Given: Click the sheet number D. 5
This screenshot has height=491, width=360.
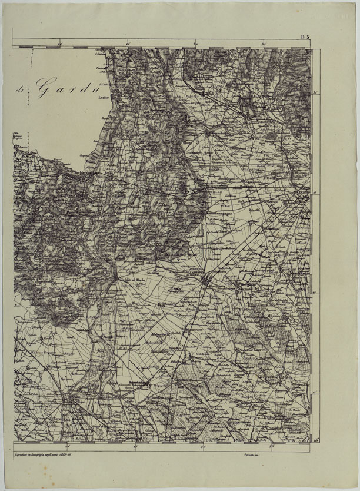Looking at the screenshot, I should (x=305, y=38).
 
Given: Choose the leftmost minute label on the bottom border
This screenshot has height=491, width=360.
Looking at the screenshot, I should (x=68, y=444).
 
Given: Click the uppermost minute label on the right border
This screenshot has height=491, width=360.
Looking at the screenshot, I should (x=316, y=93).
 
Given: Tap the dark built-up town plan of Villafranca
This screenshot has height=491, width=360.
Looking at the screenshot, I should (x=206, y=284).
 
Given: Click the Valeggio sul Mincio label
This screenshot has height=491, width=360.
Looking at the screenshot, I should (x=129, y=278).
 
